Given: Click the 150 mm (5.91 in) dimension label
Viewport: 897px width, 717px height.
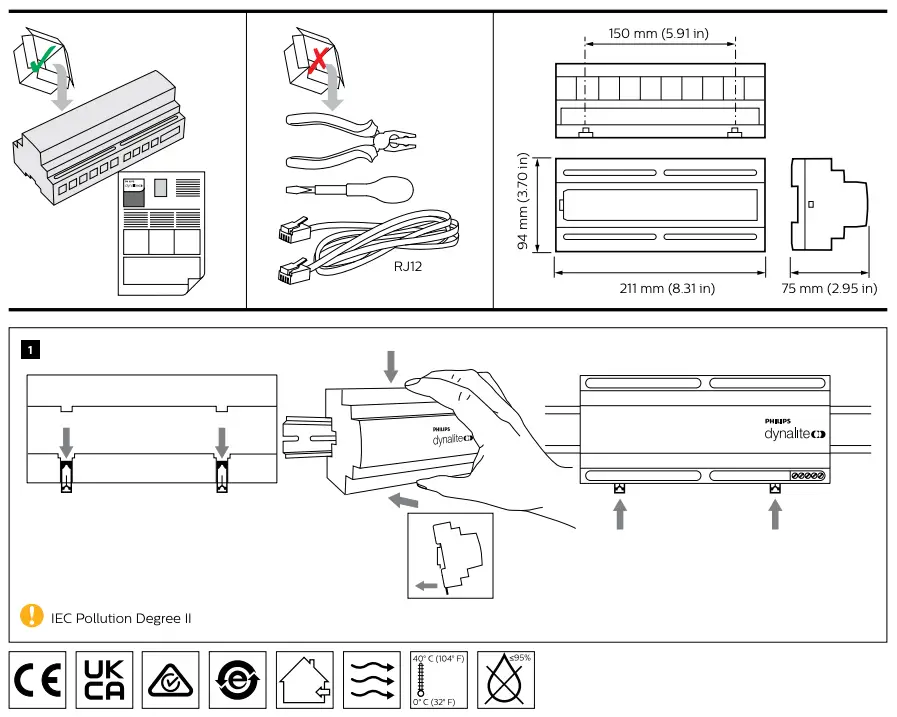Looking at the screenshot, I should coord(659,34).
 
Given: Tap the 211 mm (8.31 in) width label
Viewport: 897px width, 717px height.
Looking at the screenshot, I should coord(667,289).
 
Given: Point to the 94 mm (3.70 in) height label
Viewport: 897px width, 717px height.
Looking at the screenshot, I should coord(522,204).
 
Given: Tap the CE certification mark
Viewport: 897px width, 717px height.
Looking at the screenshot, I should coord(38,680).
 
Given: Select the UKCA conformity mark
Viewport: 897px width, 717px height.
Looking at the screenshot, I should coord(104,680).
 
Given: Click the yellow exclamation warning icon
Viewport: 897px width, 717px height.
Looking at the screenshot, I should coord(33,615).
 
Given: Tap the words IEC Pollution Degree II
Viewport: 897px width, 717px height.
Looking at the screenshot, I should coord(121,618).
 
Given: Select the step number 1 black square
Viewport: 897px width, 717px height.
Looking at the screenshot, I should coord(32,350).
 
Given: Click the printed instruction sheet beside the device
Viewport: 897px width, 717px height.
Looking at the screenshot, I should coord(161,232).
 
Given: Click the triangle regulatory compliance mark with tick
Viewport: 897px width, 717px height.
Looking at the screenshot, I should coord(171,680).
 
